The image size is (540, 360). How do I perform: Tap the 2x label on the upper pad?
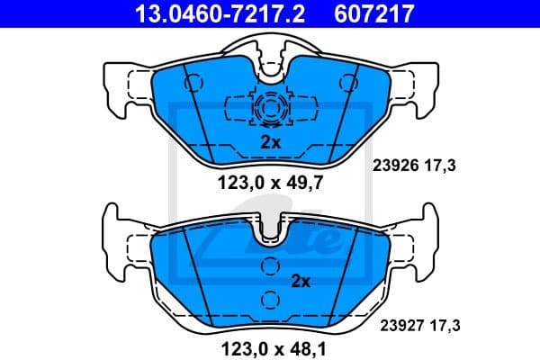click(x=270, y=142)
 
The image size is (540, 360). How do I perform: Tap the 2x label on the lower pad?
click(x=300, y=281)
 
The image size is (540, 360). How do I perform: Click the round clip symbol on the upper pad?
click(x=269, y=110)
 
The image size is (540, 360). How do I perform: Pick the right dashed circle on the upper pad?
click(x=346, y=81)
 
